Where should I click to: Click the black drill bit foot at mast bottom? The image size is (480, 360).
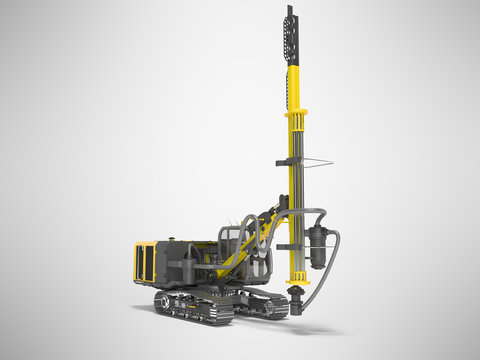(297, 297)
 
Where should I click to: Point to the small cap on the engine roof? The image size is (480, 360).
(172, 239)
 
